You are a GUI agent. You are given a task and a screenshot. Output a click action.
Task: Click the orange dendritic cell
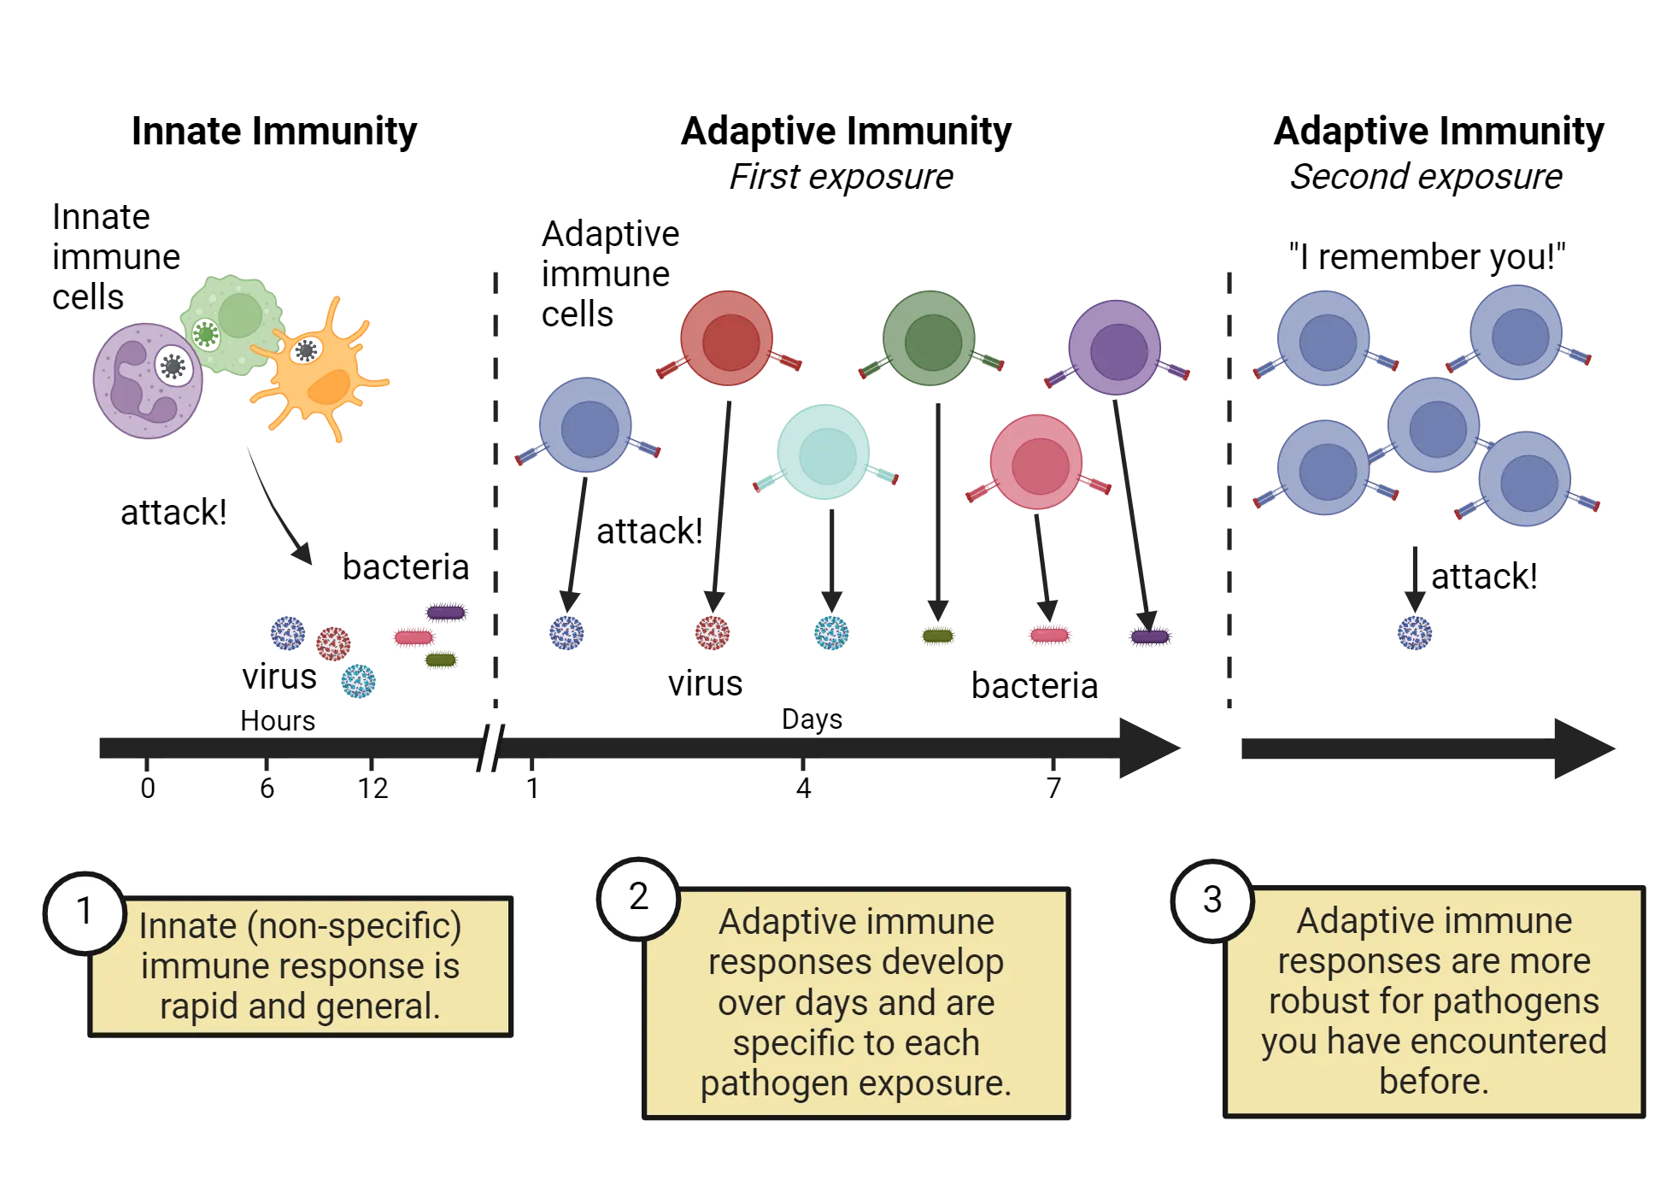tap(318, 374)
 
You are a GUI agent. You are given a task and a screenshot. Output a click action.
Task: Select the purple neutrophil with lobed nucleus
tap(146, 380)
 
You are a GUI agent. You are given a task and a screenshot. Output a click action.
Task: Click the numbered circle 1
tap(84, 911)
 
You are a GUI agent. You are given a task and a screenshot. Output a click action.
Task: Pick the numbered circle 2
tap(638, 897)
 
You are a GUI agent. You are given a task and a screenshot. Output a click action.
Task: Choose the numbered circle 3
tap(1211, 900)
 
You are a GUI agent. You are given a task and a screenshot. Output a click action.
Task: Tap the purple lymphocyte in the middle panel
tap(1115, 348)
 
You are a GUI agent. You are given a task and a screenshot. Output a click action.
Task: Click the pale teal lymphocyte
tap(823, 454)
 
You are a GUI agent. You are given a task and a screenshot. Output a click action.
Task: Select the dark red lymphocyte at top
tap(727, 338)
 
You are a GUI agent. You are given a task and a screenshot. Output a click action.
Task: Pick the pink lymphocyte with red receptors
tap(1037, 462)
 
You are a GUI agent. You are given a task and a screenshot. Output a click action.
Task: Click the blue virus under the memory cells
tap(1414, 634)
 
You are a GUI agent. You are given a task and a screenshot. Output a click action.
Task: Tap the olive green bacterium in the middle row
tap(938, 636)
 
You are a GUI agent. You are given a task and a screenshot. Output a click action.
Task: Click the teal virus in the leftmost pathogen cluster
tap(358, 682)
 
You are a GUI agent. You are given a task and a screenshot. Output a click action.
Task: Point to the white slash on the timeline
tap(490, 745)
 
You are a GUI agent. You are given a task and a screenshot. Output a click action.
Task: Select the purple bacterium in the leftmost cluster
tap(446, 613)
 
